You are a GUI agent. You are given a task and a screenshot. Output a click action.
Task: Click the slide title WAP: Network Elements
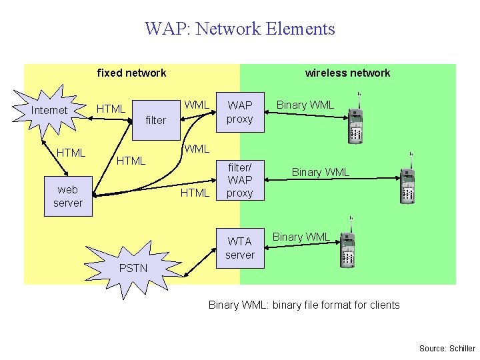point(239,29)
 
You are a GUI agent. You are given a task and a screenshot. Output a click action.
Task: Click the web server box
point(67,196)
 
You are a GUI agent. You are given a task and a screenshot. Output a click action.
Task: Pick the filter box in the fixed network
point(155,120)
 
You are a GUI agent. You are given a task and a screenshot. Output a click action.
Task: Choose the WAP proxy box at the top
point(239,112)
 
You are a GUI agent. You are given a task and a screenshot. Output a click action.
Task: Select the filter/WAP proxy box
point(239,179)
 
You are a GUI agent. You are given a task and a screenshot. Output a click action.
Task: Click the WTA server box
point(239,248)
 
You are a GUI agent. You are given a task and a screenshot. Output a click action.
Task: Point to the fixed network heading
point(131,73)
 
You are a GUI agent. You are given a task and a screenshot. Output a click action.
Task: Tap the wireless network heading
point(347,73)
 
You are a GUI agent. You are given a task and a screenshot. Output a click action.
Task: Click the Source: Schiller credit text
point(447,348)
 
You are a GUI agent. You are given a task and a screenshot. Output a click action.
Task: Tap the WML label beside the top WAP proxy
point(197,105)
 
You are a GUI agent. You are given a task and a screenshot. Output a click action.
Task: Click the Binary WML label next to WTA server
point(301,237)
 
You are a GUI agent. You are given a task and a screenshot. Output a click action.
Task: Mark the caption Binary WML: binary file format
point(304,305)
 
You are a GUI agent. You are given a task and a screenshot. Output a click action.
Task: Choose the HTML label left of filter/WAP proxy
point(195,193)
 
